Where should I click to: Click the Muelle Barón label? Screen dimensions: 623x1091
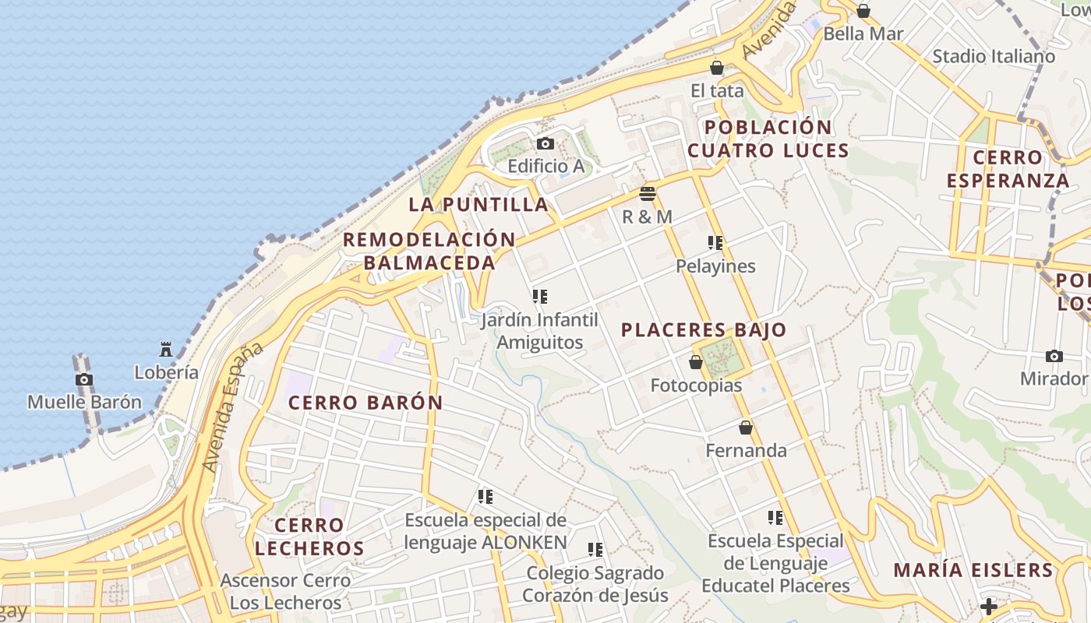(85, 402)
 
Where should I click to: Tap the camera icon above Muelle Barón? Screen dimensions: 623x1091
(84, 379)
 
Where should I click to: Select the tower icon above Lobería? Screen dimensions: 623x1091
(166, 349)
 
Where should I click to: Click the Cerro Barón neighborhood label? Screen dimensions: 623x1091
(365, 403)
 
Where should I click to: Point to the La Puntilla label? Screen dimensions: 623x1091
(478, 204)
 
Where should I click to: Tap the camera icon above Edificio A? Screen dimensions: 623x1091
(545, 143)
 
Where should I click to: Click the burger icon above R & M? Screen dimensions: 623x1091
(648, 193)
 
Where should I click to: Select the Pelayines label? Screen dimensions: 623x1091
(715, 266)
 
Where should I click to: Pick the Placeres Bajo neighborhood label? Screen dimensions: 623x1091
(704, 329)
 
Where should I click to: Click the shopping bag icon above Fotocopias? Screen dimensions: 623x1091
(696, 362)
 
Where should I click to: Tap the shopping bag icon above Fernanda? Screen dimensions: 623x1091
(746, 428)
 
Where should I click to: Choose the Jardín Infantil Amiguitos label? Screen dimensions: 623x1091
(540, 331)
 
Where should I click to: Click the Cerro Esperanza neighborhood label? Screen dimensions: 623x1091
(1008, 169)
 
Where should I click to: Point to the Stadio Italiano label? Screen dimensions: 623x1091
(994, 56)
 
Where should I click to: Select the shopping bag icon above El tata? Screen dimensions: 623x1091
(717, 68)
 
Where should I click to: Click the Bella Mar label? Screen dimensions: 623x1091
(863, 33)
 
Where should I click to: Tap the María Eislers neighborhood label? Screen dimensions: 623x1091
(973, 569)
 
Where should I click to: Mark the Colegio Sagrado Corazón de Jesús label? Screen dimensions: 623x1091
(595, 584)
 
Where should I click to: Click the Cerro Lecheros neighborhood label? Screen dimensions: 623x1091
(309, 536)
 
